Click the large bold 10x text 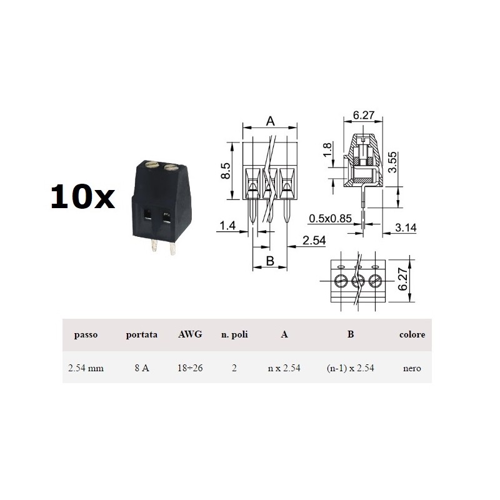[82, 197]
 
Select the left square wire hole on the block [147, 216]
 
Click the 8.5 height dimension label [226, 171]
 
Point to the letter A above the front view [270, 121]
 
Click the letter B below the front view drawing [270, 261]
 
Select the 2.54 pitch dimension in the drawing [314, 241]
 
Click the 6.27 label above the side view [364, 115]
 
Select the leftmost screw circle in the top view [341, 279]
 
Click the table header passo [85, 334]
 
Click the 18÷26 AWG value [190, 368]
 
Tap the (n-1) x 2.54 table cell [350, 368]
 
